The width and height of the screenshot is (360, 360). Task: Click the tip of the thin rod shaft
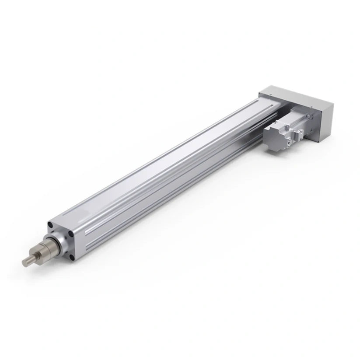24,262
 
